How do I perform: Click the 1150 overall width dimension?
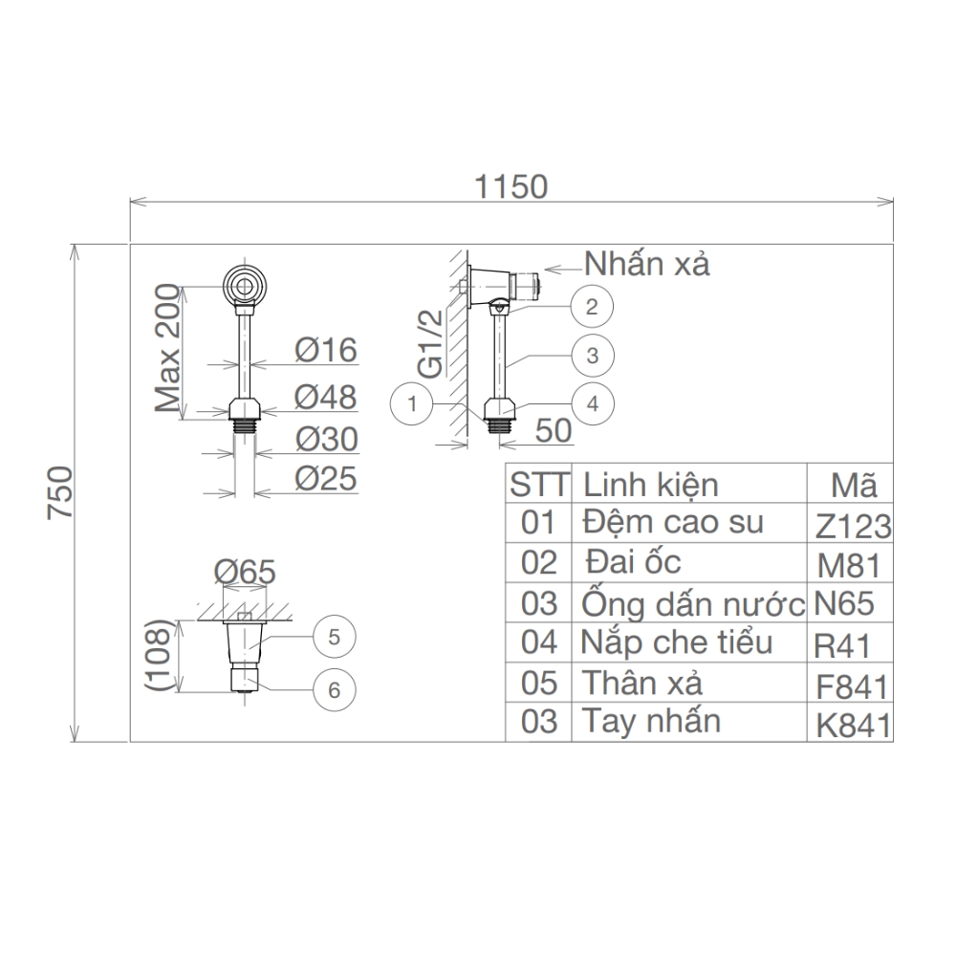tap(511, 186)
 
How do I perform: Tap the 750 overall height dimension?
tap(60, 492)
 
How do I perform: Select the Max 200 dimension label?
tap(168, 348)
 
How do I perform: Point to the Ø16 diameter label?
tap(325, 351)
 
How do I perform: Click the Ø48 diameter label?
tap(325, 396)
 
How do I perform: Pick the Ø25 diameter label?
tap(325, 478)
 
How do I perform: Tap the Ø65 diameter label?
tap(245, 572)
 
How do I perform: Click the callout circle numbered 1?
tap(411, 404)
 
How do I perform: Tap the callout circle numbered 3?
tap(592, 356)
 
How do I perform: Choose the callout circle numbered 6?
tap(334, 689)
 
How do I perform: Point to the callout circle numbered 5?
tap(334, 638)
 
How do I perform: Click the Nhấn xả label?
tap(647, 264)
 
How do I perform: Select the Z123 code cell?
tap(854, 526)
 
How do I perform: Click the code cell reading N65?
tap(844, 604)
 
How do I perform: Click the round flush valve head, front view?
tap(248, 285)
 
